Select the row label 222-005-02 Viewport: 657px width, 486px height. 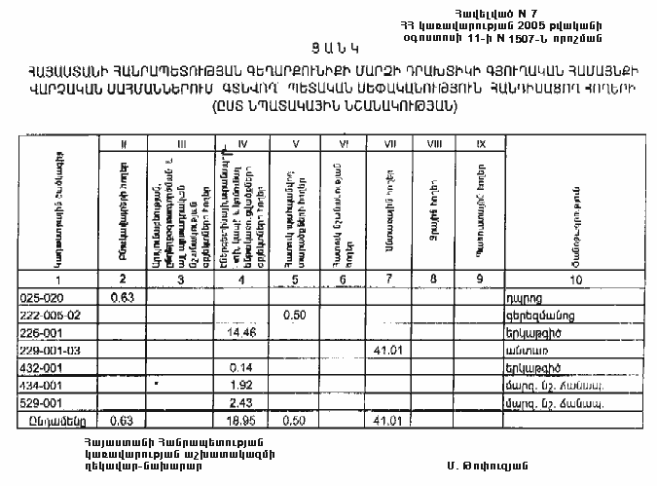tap(52, 315)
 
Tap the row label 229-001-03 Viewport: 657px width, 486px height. tap(53, 350)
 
